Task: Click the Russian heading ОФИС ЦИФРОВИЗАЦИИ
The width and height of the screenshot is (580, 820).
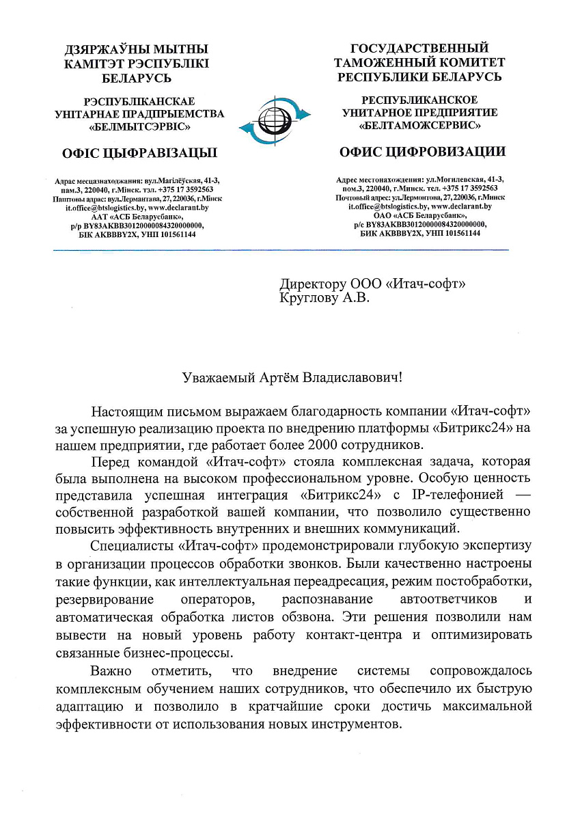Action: [x=422, y=151]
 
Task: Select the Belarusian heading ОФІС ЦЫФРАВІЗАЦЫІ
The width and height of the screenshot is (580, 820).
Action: [x=135, y=152]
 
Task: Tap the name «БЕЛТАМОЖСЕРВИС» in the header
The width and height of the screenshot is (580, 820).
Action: [x=420, y=126]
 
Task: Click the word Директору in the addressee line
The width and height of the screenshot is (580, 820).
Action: [x=313, y=284]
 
